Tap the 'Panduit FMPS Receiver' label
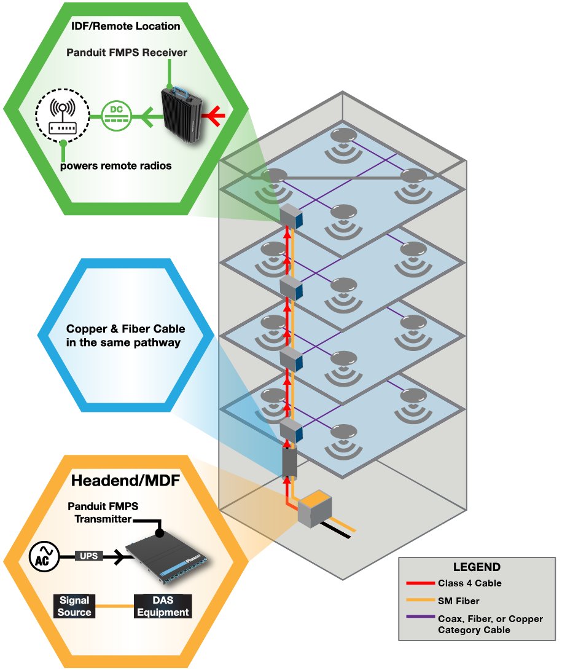[127, 53]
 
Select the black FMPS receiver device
[182, 115]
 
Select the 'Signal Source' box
[74, 606]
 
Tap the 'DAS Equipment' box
[163, 606]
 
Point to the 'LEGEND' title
[477, 567]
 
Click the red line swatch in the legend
[419, 583]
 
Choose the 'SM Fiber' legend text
[458, 601]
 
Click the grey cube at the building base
[314, 510]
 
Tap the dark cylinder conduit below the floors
[289, 463]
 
